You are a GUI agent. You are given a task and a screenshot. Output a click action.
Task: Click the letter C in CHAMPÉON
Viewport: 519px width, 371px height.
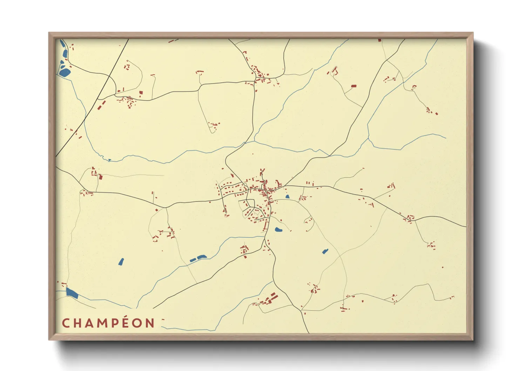coord(66,323)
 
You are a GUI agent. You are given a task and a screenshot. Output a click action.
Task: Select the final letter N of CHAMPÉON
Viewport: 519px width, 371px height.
coord(150,323)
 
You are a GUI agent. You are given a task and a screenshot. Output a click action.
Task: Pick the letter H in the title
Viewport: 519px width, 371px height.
coord(76,323)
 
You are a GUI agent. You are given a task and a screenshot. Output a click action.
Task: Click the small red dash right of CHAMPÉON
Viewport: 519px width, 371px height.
coord(163,319)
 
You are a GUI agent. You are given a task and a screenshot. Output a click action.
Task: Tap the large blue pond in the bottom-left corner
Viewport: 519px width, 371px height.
coord(72,293)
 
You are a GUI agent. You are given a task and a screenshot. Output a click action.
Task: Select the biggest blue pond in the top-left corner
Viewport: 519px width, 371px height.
coord(65,73)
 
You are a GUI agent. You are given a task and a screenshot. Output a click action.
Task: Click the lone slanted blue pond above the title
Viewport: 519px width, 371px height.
coord(121,262)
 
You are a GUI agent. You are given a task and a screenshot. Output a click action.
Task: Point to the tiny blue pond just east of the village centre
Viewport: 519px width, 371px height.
coord(288,197)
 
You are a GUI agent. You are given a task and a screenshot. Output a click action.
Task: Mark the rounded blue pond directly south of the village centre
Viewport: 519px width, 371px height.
coord(278,230)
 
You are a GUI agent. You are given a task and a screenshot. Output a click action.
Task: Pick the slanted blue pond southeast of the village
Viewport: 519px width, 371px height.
coord(325,251)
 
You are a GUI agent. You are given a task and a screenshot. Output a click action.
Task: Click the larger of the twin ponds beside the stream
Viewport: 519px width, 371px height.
coord(202,257)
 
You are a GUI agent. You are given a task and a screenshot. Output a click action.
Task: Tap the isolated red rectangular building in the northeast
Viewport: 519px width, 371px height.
coord(353,86)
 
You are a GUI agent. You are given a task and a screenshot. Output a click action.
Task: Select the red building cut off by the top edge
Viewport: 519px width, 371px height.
coord(379,40)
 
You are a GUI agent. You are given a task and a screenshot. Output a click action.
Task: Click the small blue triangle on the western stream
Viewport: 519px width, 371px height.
coord(109,160)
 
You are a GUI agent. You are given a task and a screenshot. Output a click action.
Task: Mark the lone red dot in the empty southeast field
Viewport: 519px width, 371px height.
coord(442,268)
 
